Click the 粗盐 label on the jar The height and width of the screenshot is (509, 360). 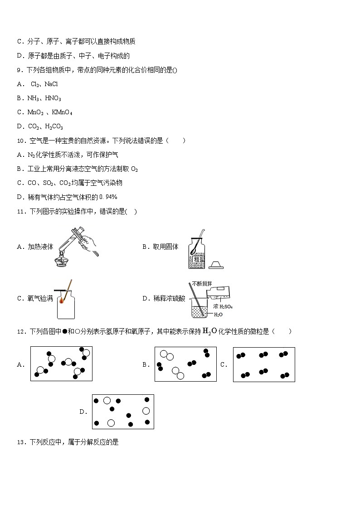click(x=198, y=259)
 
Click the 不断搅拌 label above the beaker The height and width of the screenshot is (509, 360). click(x=202, y=284)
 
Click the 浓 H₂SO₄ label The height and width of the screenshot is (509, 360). click(x=223, y=307)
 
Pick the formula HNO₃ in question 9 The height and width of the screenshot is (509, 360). click(x=53, y=98)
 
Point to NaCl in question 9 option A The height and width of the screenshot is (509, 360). click(x=51, y=84)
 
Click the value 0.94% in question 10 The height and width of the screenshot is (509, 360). click(x=108, y=197)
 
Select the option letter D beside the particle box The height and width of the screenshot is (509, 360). click(x=83, y=412)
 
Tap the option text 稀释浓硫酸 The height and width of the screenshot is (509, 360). click(x=169, y=298)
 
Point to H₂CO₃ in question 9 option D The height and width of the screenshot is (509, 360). click(x=54, y=126)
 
